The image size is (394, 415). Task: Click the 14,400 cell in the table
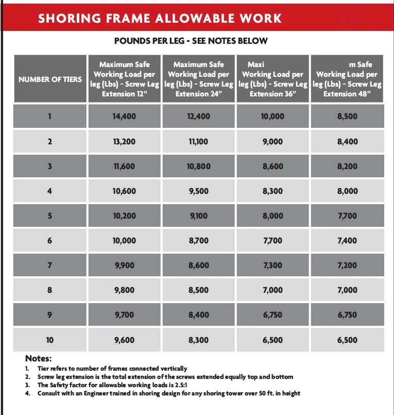pyautogui.click(x=124, y=117)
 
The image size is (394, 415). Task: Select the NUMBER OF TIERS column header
pyautogui.click(x=50, y=79)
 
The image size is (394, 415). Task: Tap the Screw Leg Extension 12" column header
pyautogui.click(x=124, y=79)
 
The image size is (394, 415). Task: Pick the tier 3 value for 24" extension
pyautogui.click(x=198, y=166)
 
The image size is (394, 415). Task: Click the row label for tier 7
pyautogui.click(x=50, y=265)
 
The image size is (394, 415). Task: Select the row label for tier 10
pyautogui.click(x=50, y=340)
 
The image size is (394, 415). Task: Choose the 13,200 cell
pyautogui.click(x=124, y=141)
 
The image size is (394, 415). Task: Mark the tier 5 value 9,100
pyautogui.click(x=198, y=215)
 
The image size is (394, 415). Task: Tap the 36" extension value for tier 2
pyautogui.click(x=272, y=141)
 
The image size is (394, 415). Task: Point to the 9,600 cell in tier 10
pyautogui.click(x=124, y=340)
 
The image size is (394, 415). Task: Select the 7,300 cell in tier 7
pyautogui.click(x=272, y=265)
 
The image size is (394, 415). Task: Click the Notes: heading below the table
pyautogui.click(x=39, y=358)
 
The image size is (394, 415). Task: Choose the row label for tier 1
pyautogui.click(x=50, y=117)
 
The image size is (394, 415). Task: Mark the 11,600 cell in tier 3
pyautogui.click(x=124, y=166)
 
